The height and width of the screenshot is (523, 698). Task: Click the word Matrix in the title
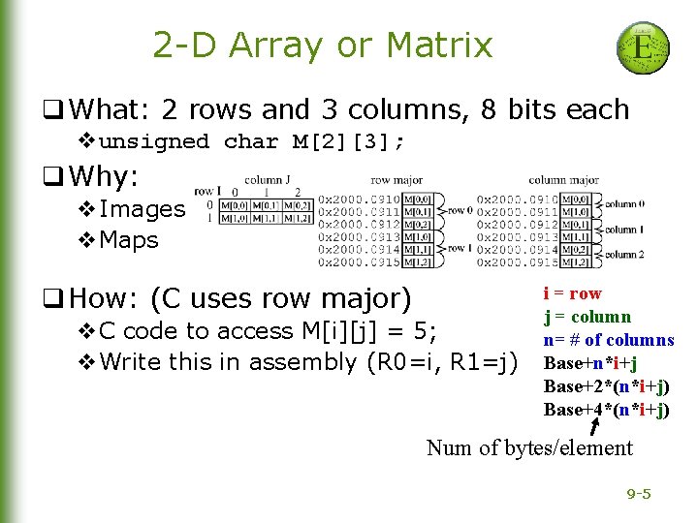click(438, 45)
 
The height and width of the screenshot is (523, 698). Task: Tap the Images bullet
click(142, 209)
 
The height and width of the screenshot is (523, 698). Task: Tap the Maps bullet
click(129, 240)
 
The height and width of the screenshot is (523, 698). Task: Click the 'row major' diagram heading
click(395, 180)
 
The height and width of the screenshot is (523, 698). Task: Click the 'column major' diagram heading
click(563, 180)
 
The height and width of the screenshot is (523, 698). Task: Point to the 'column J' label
click(268, 180)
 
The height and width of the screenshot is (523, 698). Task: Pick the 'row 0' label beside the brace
click(460, 210)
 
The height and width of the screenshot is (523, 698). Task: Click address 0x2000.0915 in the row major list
click(358, 262)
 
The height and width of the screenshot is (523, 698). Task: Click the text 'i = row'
click(572, 293)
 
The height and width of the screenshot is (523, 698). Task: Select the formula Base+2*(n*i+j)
click(607, 386)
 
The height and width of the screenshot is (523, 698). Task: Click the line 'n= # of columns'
click(608, 340)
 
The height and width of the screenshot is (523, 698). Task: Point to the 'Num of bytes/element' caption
click(529, 447)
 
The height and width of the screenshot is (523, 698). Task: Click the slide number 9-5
click(639, 495)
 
